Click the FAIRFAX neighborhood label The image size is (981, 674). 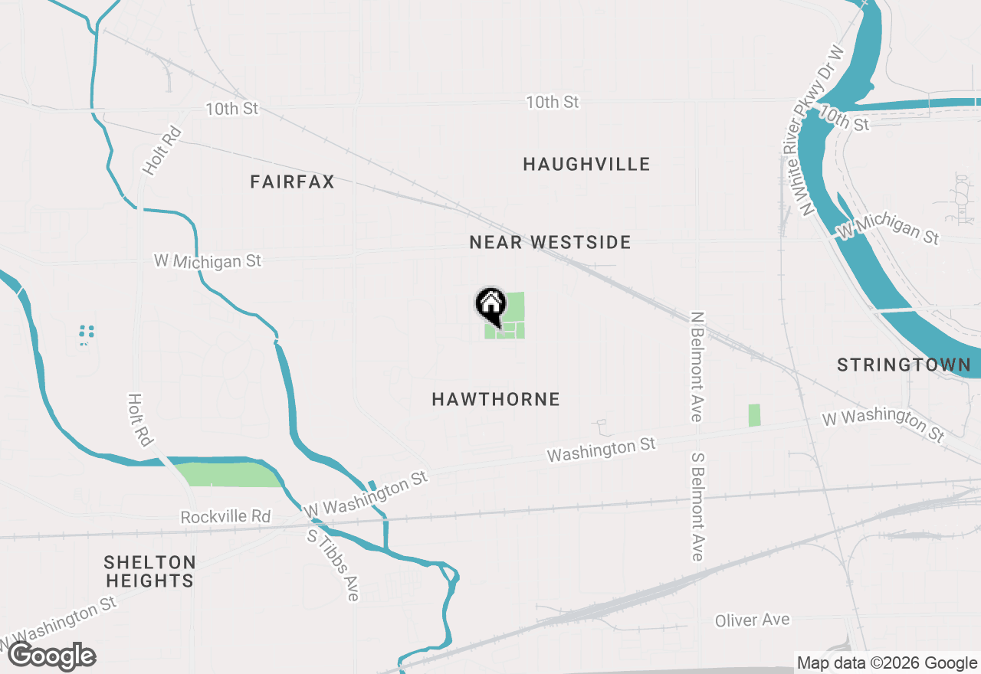292,182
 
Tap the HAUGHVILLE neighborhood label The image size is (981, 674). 586,164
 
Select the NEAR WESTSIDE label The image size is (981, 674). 550,243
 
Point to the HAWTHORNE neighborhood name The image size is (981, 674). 496,399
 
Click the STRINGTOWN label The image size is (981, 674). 904,365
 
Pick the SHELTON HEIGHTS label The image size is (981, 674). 149,571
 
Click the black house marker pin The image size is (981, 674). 490,305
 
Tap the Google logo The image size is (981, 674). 52,656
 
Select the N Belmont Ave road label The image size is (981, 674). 696,366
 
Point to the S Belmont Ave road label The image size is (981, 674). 697,505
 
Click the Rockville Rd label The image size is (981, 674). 225,517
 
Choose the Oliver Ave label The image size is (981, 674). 751,620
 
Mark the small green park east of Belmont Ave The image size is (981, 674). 754,415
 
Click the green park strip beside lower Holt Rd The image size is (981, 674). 228,475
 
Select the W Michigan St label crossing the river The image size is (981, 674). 887,229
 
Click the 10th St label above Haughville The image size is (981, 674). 552,102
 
